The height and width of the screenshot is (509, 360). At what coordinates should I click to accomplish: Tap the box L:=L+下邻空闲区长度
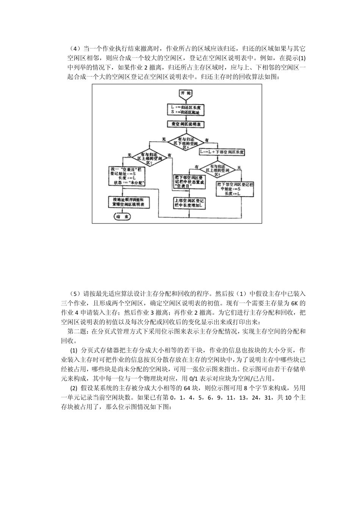(x=222, y=152)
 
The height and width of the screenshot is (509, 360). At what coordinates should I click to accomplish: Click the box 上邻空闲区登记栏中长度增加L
(x=189, y=203)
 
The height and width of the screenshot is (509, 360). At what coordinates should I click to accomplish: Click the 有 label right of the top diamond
(x=207, y=140)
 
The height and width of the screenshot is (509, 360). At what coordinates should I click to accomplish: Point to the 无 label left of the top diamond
(x=164, y=140)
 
